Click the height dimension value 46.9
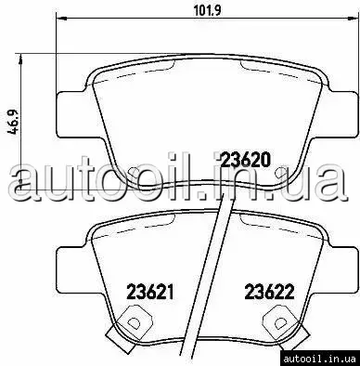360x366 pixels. pos(13,122)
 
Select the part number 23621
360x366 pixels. pos(150,293)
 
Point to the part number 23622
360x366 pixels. pos(269,293)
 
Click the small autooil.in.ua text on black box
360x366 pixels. pos(319,359)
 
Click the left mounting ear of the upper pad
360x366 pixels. pos(71,114)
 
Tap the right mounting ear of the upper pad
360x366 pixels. pos(341,114)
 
